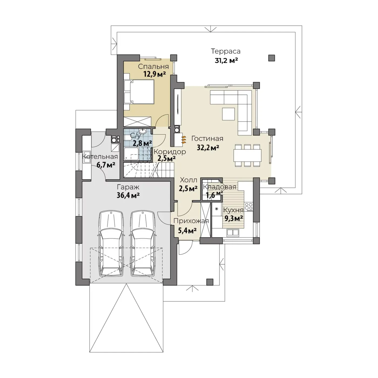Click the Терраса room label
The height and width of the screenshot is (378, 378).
click(x=225, y=51)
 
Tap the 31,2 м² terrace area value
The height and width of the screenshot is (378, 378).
click(x=226, y=60)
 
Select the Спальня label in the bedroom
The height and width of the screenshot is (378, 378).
click(x=153, y=67)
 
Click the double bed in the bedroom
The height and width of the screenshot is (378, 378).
click(x=139, y=92)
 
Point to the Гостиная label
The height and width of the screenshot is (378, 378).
click(x=207, y=139)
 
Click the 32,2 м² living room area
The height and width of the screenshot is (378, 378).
click(x=208, y=147)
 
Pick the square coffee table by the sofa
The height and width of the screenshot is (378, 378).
click(x=228, y=114)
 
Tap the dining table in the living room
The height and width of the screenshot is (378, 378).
click(x=247, y=155)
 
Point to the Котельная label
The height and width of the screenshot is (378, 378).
click(x=100, y=157)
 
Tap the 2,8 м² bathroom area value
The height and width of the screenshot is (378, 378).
click(x=142, y=143)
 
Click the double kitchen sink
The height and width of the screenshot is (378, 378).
click(x=233, y=232)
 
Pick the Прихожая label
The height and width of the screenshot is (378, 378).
click(x=191, y=221)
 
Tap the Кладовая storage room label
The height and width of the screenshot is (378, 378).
click(x=220, y=187)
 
